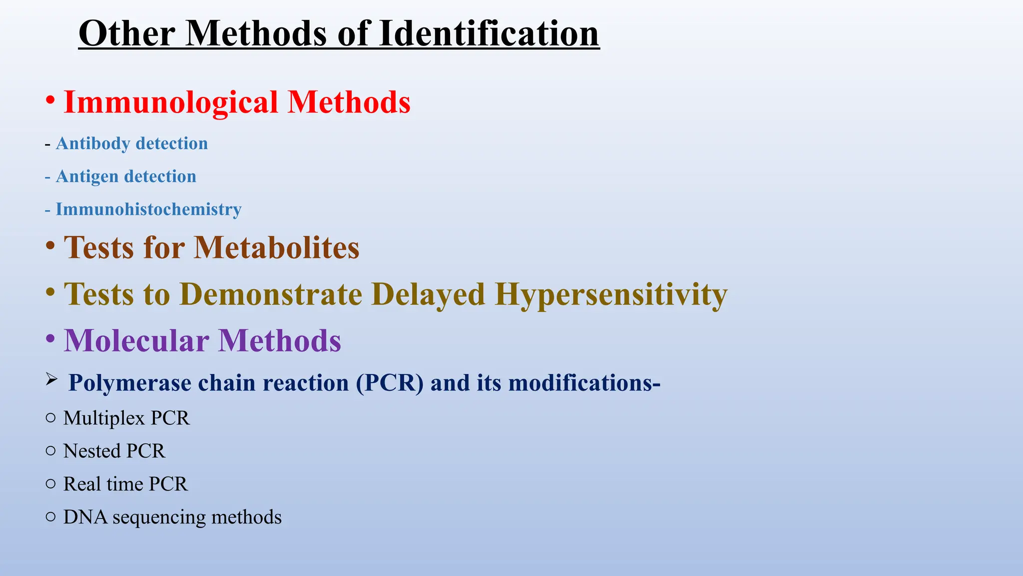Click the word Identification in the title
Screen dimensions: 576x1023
coord(489,33)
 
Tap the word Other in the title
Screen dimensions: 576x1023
coord(126,33)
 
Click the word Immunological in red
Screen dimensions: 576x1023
coord(171,103)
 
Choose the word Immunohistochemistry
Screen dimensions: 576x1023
coord(148,209)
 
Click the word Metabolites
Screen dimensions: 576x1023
coord(276,247)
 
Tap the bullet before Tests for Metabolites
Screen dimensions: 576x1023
coord(50,245)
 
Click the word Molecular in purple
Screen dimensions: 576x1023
coord(136,341)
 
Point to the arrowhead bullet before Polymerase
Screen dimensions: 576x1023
coord(51,379)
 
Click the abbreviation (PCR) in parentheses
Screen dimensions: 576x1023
coord(390,383)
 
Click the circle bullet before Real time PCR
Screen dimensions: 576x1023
coord(50,483)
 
